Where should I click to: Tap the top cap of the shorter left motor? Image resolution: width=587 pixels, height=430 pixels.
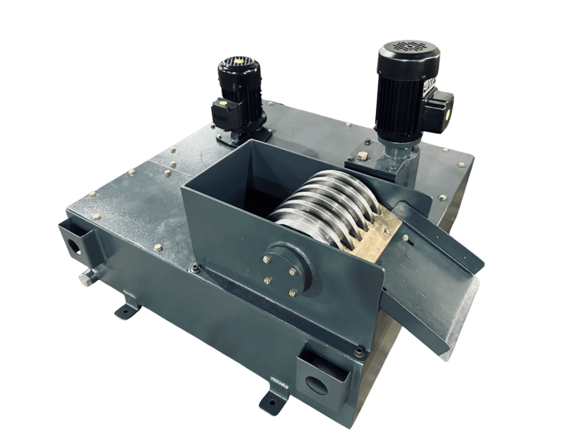238,63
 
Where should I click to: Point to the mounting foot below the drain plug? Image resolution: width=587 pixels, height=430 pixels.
127,311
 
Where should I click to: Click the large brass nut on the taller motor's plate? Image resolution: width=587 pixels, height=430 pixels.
362,156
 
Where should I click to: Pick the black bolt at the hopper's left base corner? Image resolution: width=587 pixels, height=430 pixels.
196,268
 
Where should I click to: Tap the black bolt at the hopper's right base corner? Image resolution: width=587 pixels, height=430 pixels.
358,351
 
